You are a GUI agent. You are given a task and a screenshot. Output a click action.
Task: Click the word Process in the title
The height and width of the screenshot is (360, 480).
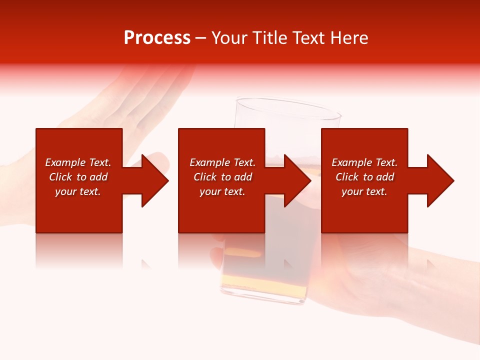(x=157, y=38)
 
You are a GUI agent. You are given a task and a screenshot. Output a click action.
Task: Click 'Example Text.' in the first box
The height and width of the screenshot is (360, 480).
(x=78, y=162)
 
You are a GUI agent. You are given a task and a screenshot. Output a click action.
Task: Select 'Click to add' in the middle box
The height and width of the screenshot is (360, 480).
(x=222, y=177)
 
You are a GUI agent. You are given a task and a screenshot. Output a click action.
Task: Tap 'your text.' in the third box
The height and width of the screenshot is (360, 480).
(x=364, y=191)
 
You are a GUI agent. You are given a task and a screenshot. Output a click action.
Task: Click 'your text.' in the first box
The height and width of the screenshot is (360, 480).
(x=78, y=191)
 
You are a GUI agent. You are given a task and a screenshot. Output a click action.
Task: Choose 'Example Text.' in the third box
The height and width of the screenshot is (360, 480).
(x=364, y=162)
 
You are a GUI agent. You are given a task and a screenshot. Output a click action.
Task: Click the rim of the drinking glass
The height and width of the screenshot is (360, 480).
(x=288, y=108)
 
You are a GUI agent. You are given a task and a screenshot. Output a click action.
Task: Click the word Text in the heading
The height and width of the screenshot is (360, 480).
(x=307, y=38)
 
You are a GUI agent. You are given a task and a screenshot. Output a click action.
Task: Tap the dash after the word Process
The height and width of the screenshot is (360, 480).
(x=200, y=38)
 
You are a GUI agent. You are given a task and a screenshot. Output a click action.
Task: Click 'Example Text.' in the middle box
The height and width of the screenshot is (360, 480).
(x=222, y=162)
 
